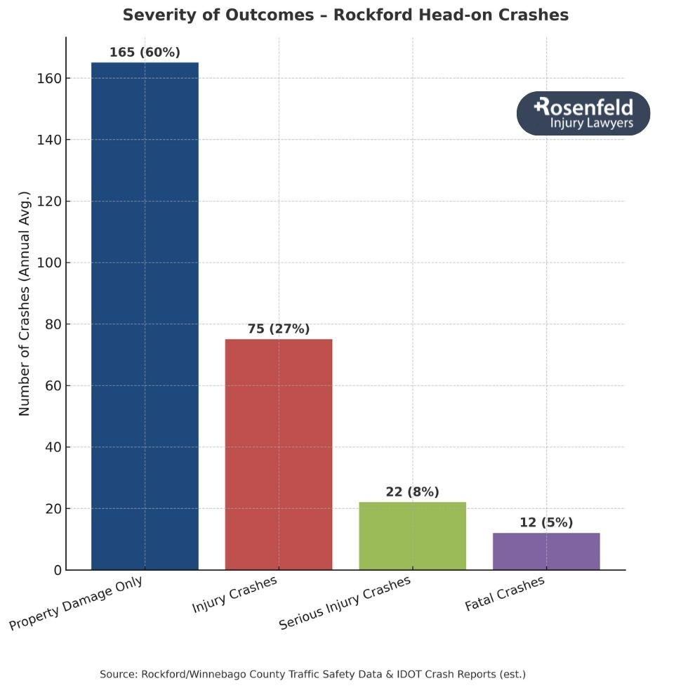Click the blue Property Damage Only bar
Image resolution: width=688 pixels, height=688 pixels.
click(145, 316)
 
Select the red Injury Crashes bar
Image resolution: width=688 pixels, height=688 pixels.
click(279, 454)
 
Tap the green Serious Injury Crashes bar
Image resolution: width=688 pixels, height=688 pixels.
click(412, 536)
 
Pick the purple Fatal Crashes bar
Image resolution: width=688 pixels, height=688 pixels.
click(546, 551)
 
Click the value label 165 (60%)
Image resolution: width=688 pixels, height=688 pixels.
click(145, 53)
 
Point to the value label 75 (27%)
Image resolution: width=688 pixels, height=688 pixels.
click(279, 329)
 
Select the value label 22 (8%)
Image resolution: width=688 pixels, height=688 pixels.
click(412, 492)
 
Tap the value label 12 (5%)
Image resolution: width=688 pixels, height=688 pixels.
click(546, 523)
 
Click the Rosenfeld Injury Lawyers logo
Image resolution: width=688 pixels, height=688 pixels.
click(583, 114)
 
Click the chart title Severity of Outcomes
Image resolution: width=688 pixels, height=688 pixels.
click(345, 15)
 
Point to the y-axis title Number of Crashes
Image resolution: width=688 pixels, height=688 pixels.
click(25, 303)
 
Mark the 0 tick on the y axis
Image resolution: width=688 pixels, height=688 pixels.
click(56, 570)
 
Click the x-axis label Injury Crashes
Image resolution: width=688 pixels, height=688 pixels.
click(235, 595)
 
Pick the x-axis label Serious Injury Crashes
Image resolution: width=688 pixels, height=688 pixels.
click(345, 603)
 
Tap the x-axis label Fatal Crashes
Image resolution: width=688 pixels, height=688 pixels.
click(504, 594)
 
